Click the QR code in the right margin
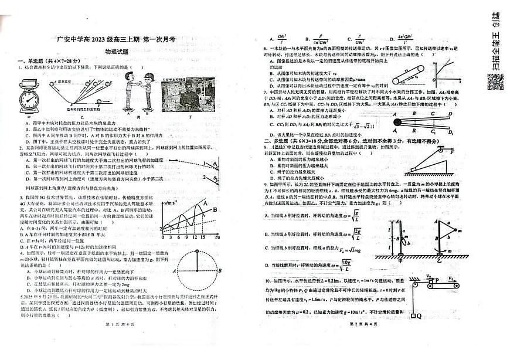click(x=495, y=81)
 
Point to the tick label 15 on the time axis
click(x=202, y=237)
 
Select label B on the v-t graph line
click(x=215, y=209)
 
